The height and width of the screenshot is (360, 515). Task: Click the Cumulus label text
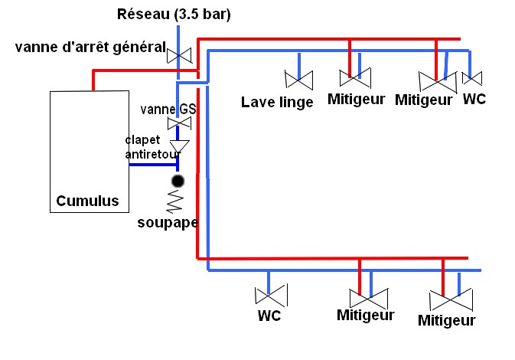[87, 201]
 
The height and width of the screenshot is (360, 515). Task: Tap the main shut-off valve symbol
[179, 56]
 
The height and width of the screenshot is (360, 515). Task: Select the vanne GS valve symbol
[179, 123]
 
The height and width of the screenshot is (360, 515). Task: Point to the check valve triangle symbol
[179, 146]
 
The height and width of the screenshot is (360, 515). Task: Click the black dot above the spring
[178, 181]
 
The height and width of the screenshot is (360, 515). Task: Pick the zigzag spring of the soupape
[174, 201]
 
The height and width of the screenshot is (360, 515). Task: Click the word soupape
[168, 223]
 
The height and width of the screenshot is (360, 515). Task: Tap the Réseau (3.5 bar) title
[174, 14]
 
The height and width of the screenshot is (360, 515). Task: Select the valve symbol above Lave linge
[299, 80]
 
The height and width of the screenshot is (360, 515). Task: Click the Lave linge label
[277, 102]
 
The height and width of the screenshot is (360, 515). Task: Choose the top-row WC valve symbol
[472, 78]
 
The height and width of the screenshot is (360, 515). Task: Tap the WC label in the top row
[474, 99]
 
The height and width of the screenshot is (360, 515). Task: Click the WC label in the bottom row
[269, 316]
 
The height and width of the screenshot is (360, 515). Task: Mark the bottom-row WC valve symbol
[271, 295]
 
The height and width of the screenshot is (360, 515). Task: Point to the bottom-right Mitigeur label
[446, 320]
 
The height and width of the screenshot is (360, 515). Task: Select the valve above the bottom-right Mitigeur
[451, 299]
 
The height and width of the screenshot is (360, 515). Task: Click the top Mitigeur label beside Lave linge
[356, 99]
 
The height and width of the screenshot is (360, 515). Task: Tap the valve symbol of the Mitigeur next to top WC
[438, 81]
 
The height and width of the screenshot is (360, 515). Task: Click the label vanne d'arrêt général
[90, 47]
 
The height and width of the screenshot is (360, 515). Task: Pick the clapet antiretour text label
[153, 147]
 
